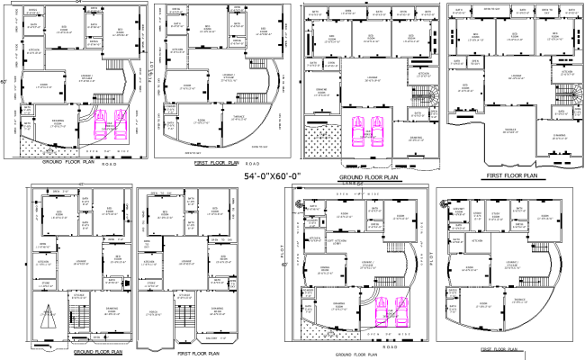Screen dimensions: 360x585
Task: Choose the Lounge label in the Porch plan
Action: tap(184, 262)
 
